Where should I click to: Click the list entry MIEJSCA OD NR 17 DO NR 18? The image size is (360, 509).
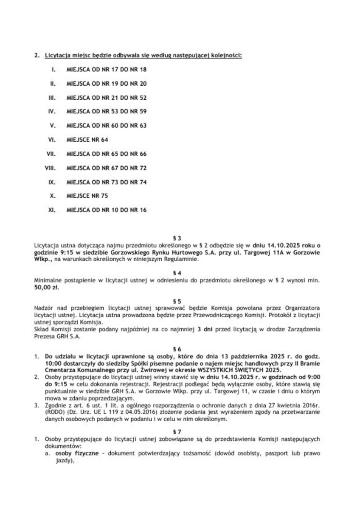[x=107, y=69]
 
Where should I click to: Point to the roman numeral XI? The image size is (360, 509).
[x=53, y=210]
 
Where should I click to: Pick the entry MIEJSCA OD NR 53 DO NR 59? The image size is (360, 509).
[x=107, y=112]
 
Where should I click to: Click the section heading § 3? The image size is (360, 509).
[x=180, y=239]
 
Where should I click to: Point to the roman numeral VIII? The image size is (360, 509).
[x=51, y=168]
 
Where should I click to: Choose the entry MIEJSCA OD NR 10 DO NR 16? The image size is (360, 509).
[x=107, y=210]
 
